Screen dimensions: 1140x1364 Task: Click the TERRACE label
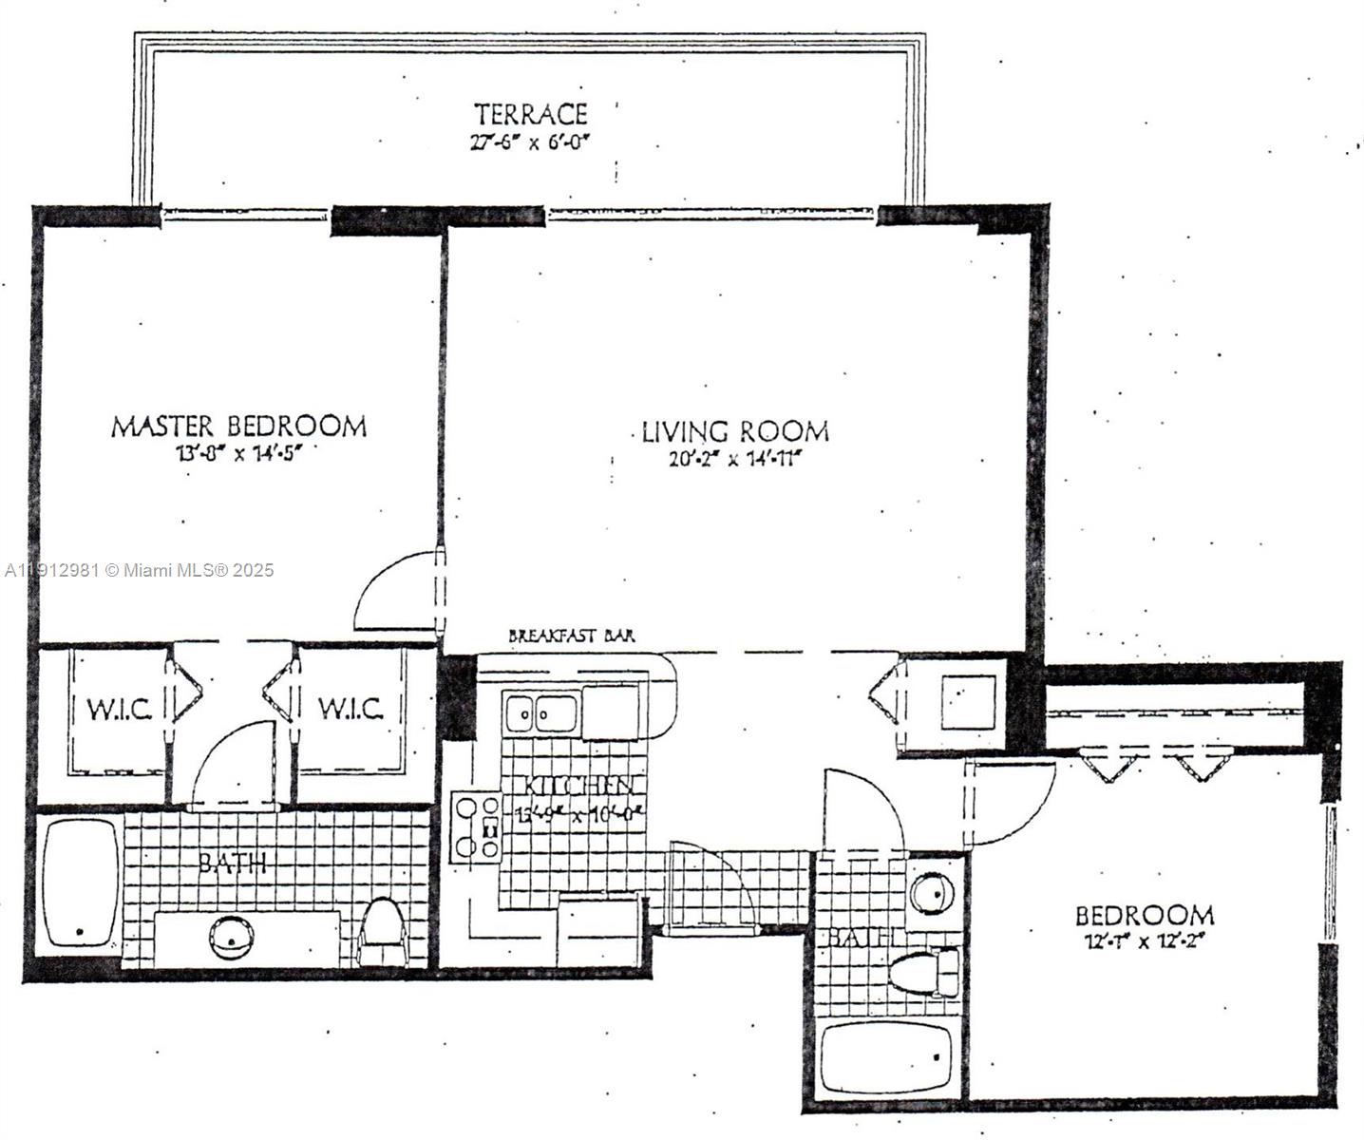click(x=531, y=115)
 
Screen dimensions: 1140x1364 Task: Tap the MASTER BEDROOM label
click(x=238, y=427)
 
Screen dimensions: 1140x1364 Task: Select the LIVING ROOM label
click(x=734, y=432)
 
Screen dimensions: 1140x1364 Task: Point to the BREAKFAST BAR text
click(x=572, y=636)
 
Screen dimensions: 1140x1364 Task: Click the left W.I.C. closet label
click(x=120, y=709)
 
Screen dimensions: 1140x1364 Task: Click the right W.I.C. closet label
click(x=350, y=709)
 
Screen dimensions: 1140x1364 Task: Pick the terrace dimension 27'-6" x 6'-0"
click(x=531, y=143)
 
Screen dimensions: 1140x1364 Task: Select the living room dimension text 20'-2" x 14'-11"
click(x=734, y=460)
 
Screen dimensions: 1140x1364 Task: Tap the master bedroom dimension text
click(x=238, y=453)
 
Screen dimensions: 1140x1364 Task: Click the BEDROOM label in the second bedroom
click(x=1144, y=916)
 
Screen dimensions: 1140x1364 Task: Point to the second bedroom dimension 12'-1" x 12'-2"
click(x=1144, y=942)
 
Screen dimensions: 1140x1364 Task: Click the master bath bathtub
click(x=81, y=883)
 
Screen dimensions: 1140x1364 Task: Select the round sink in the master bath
click(x=232, y=938)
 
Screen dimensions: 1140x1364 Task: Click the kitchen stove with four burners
click(x=475, y=826)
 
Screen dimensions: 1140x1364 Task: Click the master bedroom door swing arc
click(x=394, y=589)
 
